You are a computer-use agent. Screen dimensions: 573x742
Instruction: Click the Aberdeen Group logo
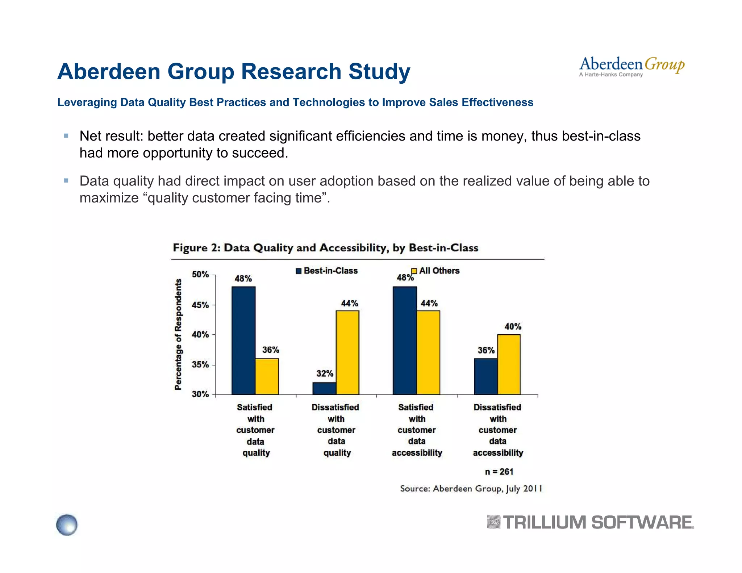631,67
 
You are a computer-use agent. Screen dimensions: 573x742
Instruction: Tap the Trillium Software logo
590,523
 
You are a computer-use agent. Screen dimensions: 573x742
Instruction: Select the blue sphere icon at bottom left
67,524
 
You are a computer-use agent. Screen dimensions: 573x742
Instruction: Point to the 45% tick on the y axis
200,305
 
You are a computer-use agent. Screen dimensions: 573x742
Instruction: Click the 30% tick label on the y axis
200,394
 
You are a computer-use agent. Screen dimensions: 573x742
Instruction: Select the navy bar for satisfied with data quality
243,340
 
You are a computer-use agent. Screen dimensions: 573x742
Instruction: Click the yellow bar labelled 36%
267,376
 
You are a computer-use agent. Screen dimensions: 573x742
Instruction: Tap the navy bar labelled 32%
324,388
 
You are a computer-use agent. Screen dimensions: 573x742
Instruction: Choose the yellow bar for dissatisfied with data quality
347,352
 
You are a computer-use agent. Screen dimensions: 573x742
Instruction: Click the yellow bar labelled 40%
509,364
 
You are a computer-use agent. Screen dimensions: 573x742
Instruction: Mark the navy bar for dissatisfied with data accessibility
485,376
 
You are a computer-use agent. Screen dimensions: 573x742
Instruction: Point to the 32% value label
325,373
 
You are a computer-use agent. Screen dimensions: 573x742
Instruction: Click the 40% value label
513,327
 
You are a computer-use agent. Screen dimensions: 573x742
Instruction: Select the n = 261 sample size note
499,472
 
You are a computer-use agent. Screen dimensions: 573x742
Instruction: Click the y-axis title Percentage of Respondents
178,334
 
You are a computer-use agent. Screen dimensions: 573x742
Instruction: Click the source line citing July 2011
471,489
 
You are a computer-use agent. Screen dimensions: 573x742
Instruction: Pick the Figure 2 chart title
325,248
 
